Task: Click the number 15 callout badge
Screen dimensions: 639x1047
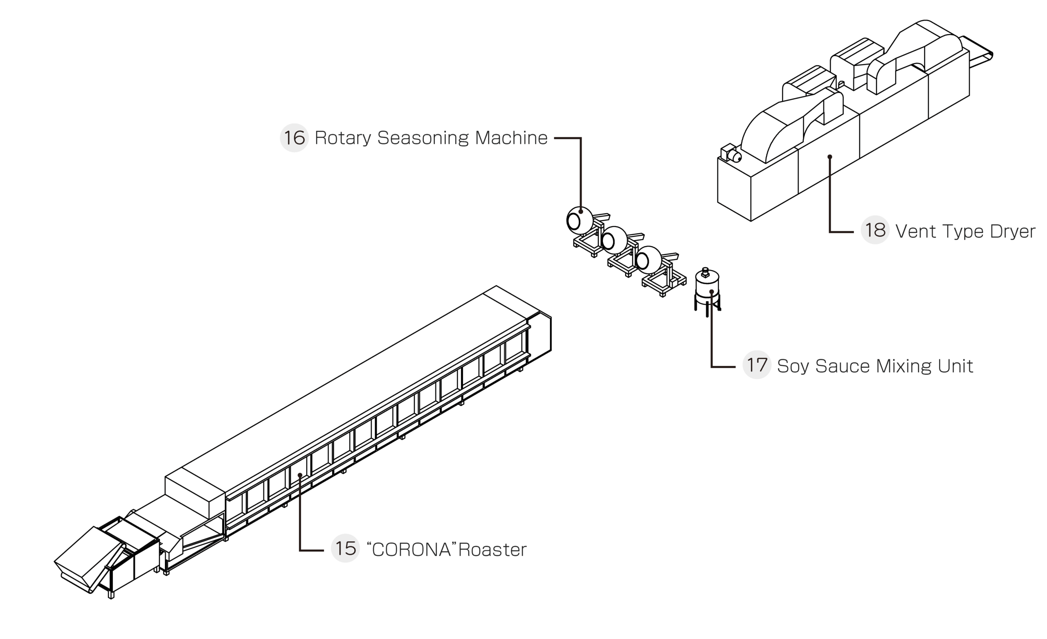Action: coord(345,548)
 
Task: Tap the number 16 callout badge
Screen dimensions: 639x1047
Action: coord(294,138)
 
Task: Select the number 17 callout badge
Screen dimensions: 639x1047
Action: coord(757,365)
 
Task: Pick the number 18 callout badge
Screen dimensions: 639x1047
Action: coord(875,230)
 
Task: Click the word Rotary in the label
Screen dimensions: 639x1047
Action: coord(342,138)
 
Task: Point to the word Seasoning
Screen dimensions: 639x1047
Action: coord(423,138)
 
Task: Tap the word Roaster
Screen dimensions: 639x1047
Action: coord(492,550)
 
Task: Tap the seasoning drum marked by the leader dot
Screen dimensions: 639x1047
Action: coord(580,220)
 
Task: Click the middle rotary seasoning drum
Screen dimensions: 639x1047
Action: coord(614,240)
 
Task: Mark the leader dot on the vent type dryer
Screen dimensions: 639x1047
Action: coord(829,156)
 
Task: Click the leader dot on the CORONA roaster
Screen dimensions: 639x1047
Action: coord(300,475)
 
